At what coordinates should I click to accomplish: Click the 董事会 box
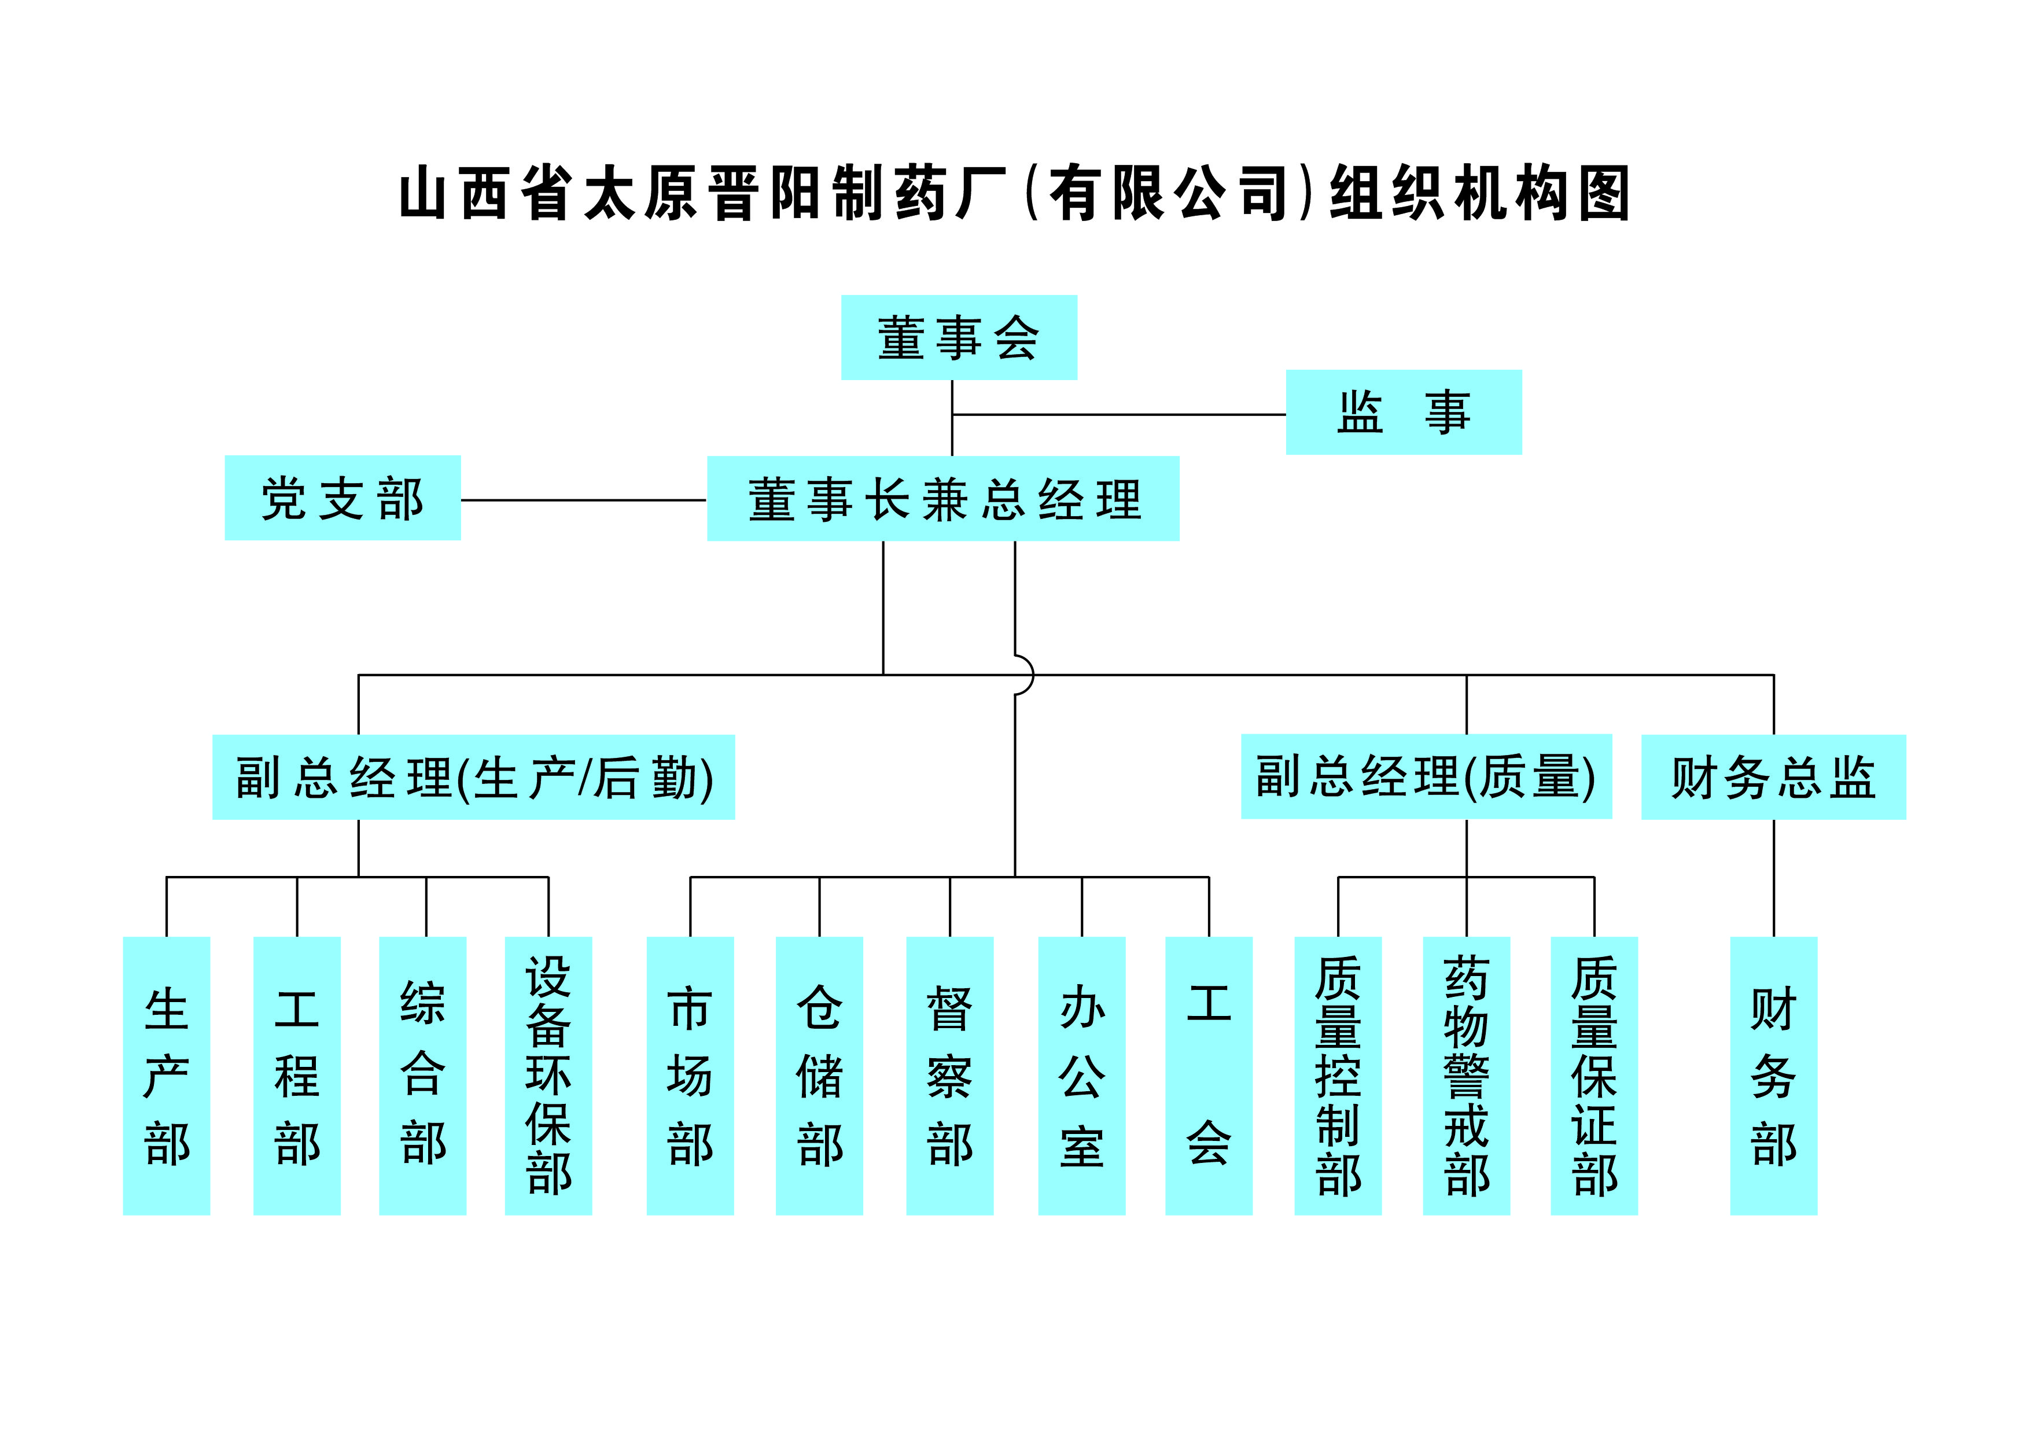tap(959, 338)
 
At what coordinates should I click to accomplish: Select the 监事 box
tap(1404, 413)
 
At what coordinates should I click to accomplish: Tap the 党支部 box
tap(342, 498)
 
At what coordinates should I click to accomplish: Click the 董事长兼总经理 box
tap(943, 499)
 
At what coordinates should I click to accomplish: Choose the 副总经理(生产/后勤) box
tap(473, 777)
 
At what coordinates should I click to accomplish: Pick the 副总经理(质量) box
tap(1426, 776)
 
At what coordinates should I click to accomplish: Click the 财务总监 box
tap(1773, 777)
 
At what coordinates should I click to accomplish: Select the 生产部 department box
tap(167, 1076)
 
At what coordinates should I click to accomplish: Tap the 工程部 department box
tap(297, 1076)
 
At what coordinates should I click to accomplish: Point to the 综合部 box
tap(422, 1076)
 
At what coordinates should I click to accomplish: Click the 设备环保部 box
tap(548, 1076)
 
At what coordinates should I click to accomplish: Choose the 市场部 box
tap(690, 1076)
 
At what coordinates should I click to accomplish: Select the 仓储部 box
tap(819, 1076)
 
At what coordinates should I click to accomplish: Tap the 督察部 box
tap(950, 1076)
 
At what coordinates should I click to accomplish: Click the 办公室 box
tap(1082, 1076)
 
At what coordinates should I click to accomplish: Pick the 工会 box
tap(1208, 1076)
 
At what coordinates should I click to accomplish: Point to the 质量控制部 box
tap(1338, 1076)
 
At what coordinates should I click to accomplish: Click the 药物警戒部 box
tap(1467, 1076)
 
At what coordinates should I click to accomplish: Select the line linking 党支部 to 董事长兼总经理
tap(584, 500)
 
